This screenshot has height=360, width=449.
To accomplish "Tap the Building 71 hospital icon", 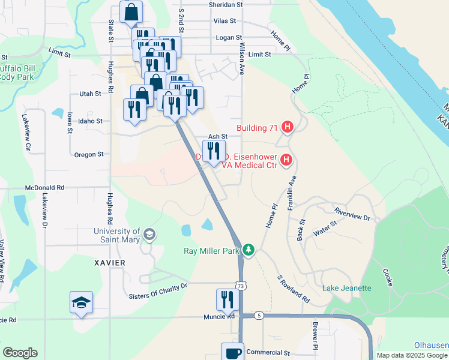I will pos(288,127).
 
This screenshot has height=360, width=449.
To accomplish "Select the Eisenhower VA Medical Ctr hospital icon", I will pos(286,160).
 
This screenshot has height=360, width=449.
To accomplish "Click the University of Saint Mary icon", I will pos(149,235).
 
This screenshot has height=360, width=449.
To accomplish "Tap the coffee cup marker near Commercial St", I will pos(232,353).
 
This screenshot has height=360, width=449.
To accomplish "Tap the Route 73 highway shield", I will pos(240,287).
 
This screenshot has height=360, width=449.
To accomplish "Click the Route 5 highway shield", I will pos(259,315).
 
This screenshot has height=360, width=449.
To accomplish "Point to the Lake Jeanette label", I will pos(347,288).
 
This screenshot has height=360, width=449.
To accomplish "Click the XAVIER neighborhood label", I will pos(110,263).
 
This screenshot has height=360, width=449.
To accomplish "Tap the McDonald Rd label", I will pos(44,187).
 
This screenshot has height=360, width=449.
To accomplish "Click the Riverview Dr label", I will pos(352,215).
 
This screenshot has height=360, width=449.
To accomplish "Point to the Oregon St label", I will pos(89,154).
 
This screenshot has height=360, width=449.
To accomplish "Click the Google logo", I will pos(20,353).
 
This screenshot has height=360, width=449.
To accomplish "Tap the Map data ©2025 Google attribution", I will pos(412,355).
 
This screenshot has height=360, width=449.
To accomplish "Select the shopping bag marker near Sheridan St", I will pos(131,11).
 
